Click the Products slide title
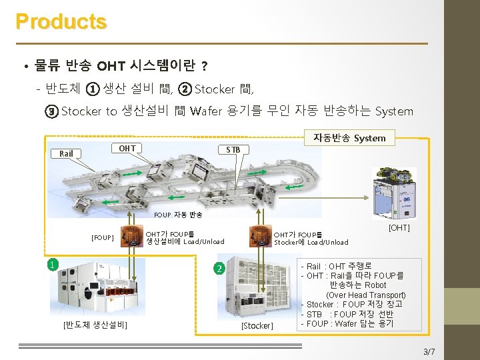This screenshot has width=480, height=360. tap(61, 21)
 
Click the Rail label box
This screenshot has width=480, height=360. tap(66, 153)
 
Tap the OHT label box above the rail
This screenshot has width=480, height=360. tap(127, 148)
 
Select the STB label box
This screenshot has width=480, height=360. tap(233, 149)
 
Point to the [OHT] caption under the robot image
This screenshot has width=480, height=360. tap(399, 228)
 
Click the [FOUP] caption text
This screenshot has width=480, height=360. tap(103, 237)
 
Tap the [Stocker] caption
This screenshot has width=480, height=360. tap(257, 325)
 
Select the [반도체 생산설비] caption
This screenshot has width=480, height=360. tap(95, 325)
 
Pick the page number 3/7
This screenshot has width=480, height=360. tap(429, 351)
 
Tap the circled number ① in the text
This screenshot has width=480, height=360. tap(93, 89)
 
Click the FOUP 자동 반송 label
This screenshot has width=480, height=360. tap(178, 215)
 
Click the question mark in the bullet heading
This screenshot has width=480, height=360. tap(204, 66)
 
